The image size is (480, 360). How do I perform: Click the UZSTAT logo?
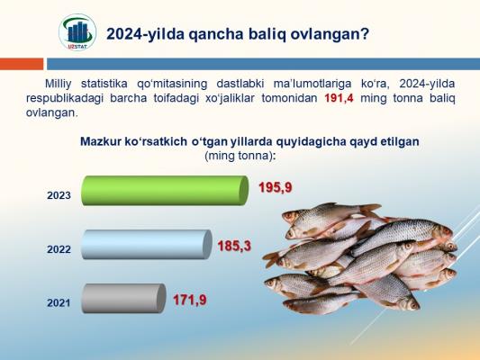point(77,32)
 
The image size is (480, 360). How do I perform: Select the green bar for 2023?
point(165,190)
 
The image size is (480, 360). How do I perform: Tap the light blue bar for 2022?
point(147,245)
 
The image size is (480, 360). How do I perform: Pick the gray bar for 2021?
point(123,298)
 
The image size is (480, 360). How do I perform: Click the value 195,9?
point(276,187)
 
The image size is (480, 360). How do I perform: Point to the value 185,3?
point(234,246)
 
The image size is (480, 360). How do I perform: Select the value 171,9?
point(190,300)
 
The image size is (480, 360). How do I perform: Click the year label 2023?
point(59,195)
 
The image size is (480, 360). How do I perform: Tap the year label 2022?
point(59,249)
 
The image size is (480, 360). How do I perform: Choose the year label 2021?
point(59,303)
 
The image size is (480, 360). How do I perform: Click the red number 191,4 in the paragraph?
point(339,98)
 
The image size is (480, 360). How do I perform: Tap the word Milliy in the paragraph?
point(59,84)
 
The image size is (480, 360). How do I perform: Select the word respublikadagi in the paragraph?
point(65,99)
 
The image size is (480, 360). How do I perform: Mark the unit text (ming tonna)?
point(240,156)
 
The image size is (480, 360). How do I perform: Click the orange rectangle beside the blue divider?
point(22,64)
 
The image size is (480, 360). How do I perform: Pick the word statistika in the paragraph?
point(104,84)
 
